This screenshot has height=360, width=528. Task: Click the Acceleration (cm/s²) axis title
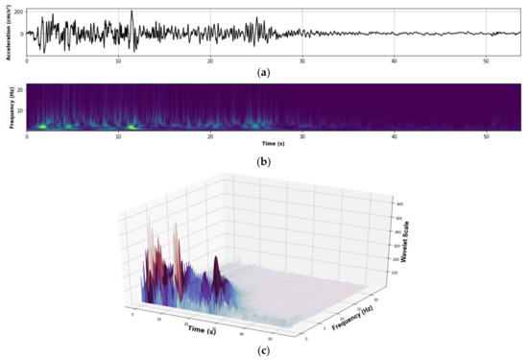coord(8,35)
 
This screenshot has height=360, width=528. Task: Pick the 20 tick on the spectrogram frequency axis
coord(19,89)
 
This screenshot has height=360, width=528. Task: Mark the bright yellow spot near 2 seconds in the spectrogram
coord(41,125)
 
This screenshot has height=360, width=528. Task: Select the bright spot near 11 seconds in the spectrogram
coord(131,125)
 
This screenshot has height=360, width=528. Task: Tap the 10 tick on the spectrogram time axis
coord(118,136)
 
